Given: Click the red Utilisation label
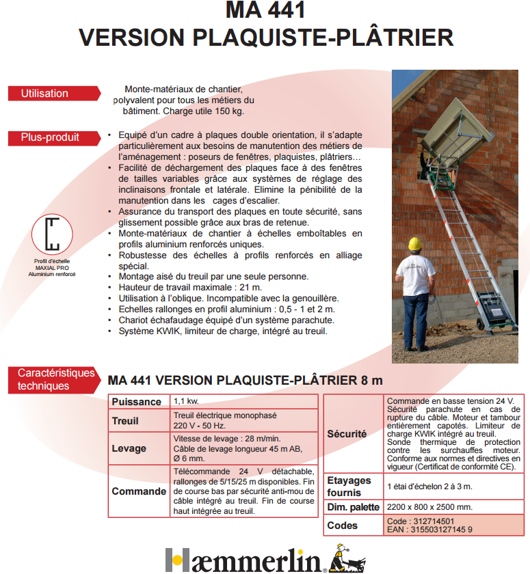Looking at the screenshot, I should (x=44, y=94).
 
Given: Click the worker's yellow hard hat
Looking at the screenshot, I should (x=414, y=244).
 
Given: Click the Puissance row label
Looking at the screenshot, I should (x=137, y=402).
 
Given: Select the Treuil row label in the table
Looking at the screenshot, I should (x=125, y=421).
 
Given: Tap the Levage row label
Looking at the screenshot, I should (x=129, y=448).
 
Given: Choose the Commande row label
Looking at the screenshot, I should (x=139, y=491).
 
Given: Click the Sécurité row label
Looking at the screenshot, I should (x=347, y=433).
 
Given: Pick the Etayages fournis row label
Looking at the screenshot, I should (x=349, y=486).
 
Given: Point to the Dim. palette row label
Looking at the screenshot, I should (x=353, y=507).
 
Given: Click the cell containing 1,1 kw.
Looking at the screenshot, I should (x=186, y=401).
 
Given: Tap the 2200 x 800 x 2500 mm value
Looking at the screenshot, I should (x=429, y=507).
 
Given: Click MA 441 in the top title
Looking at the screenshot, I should (x=265, y=11).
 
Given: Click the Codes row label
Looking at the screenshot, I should (x=343, y=525).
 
